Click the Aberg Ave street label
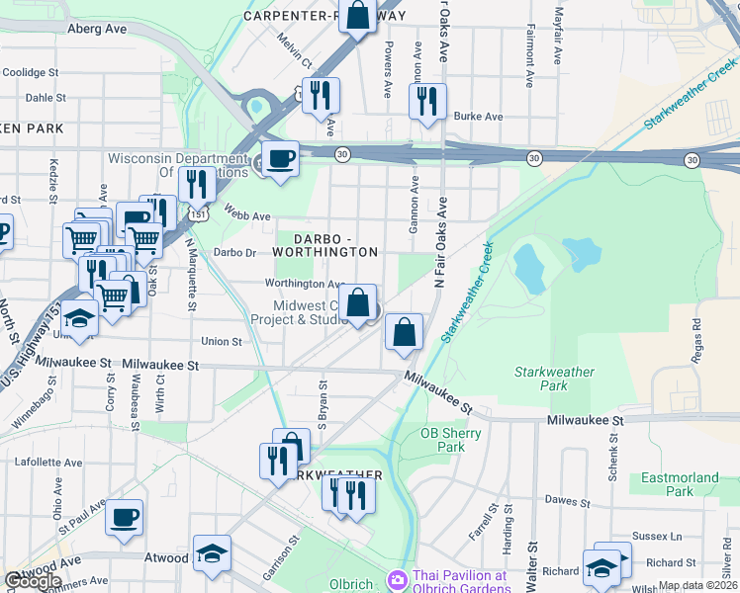click(97, 30)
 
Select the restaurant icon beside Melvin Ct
click(321, 97)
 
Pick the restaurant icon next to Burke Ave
click(427, 102)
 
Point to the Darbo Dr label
click(234, 253)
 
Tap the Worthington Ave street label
click(303, 284)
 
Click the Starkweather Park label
click(555, 380)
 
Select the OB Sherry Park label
click(442, 440)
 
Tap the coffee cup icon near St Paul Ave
click(125, 518)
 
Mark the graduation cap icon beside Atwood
click(211, 554)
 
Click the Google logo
click(33, 581)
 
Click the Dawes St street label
click(567, 501)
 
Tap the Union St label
click(222, 342)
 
